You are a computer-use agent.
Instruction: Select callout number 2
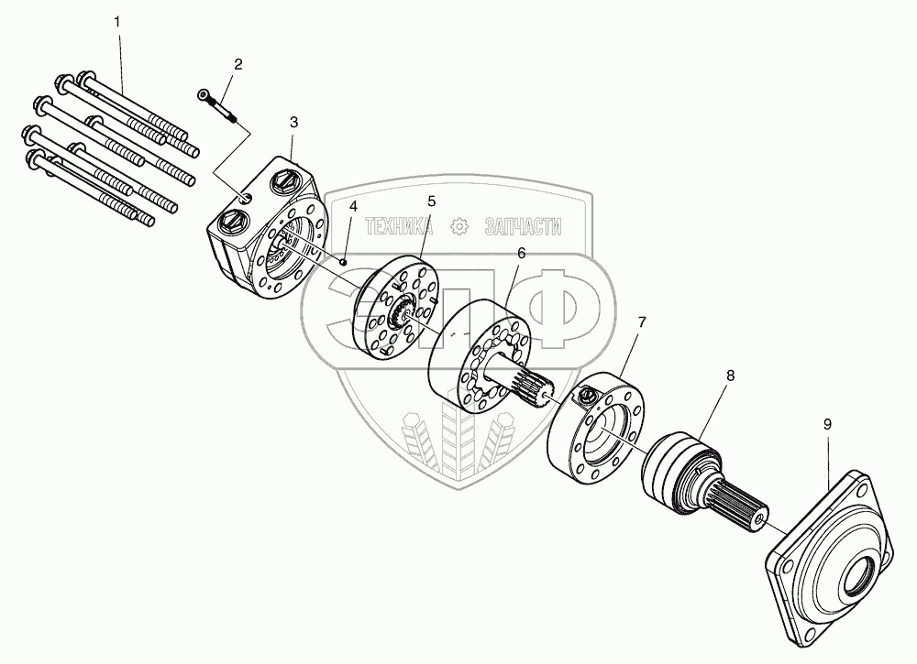point(238,64)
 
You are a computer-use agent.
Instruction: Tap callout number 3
point(293,122)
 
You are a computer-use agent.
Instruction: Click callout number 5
point(431,200)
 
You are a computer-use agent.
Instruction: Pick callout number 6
point(520,252)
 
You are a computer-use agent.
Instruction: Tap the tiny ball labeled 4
point(342,262)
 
